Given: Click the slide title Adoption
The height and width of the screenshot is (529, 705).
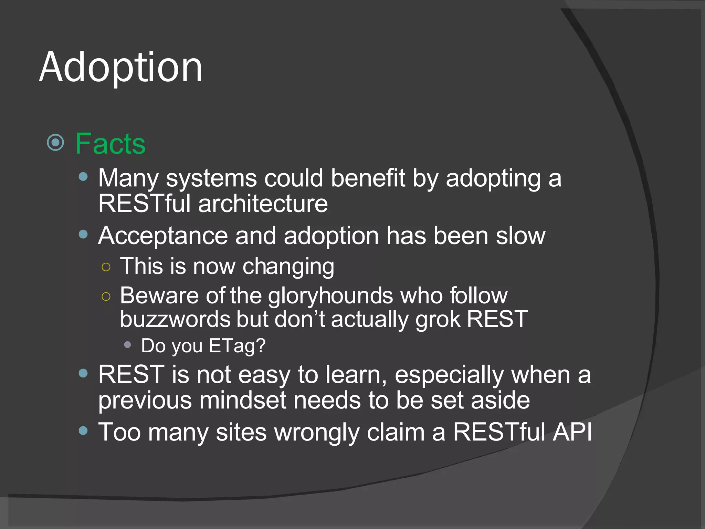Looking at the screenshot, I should [x=120, y=67].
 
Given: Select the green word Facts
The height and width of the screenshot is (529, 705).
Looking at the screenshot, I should [x=110, y=144].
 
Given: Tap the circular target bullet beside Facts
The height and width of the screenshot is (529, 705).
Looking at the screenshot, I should [x=55, y=142].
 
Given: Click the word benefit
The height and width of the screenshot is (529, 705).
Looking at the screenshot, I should [x=368, y=178].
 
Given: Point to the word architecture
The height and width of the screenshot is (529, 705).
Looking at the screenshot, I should [x=263, y=204].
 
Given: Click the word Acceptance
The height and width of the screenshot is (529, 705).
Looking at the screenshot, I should [x=163, y=236].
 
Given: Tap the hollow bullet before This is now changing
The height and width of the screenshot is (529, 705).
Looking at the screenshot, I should [x=106, y=267].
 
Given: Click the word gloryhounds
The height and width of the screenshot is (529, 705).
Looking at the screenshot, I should [x=330, y=296].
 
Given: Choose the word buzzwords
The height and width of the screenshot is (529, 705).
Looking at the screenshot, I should [x=175, y=319].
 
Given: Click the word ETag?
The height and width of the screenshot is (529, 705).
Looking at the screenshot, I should [x=237, y=346].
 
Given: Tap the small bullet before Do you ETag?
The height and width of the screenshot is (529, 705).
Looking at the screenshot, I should [x=127, y=345].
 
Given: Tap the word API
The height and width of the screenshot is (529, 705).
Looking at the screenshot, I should [x=572, y=432].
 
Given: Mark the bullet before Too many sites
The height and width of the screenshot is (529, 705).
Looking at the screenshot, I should [x=83, y=431].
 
